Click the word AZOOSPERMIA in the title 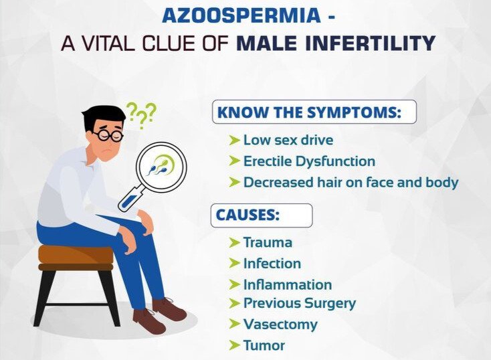click(241, 15)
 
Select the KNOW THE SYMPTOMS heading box click(314, 112)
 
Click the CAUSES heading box click(262, 215)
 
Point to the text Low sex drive click(288, 140)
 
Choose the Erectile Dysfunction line click(309, 161)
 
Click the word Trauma click(268, 242)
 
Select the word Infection click(272, 263)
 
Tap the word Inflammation click(288, 284)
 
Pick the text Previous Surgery click(300, 303)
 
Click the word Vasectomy click(280, 324)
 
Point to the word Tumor click(264, 345)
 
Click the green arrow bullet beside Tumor click(234, 345)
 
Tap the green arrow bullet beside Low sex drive click(234, 140)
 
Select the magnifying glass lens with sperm click(161, 166)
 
